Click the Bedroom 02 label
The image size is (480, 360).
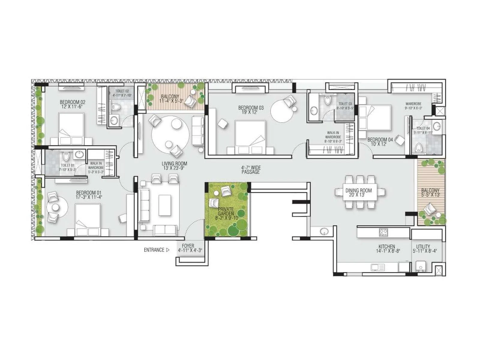[x=72, y=102]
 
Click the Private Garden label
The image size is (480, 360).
[x=226, y=211]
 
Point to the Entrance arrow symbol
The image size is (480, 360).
[x=168, y=250]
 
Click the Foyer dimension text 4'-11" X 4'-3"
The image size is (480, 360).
[x=190, y=250]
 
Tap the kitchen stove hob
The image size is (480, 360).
[x=383, y=232]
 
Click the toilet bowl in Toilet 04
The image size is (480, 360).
[x=418, y=147]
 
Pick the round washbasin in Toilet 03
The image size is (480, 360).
[x=314, y=111]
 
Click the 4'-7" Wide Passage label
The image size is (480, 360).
[x=250, y=170]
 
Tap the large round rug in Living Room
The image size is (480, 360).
[x=170, y=135]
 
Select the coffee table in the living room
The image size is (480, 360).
[x=165, y=205]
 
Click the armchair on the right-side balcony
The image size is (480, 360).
[x=430, y=208]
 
